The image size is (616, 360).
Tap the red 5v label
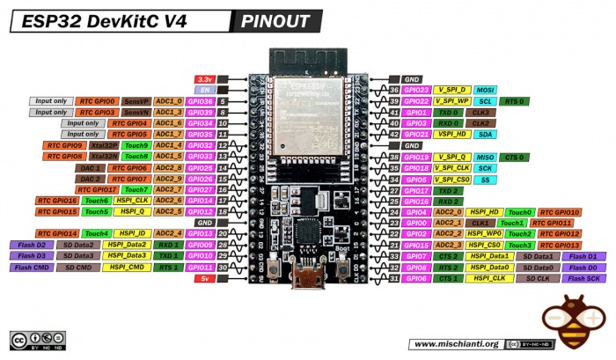pyautogui.click(x=203, y=278)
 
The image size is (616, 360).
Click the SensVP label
pyautogui.click(x=136, y=101)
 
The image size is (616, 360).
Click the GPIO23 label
pyautogui.click(x=417, y=90)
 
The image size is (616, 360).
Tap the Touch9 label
pyautogui.click(x=136, y=145)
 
